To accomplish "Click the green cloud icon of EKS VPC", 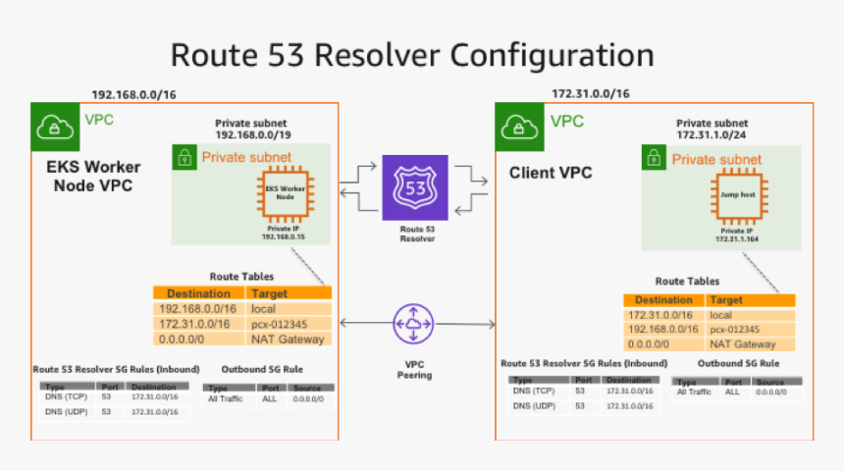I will (53, 127).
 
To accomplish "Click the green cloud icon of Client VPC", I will (518, 127).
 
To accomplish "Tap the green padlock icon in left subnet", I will (183, 157).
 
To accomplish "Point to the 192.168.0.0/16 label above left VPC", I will (133, 94).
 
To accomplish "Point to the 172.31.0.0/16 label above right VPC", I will (590, 94).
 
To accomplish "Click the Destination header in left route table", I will (198, 293).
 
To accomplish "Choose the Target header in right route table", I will (726, 299).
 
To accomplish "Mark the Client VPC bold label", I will (551, 174).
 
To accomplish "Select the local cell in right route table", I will (721, 315).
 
